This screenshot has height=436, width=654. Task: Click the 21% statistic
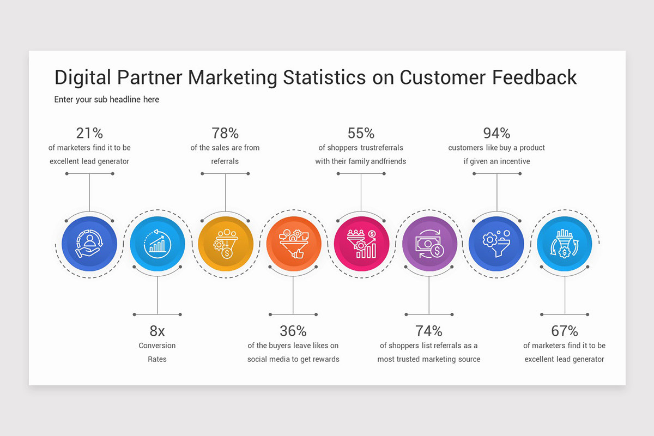[89, 133]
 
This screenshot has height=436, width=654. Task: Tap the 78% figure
[225, 133]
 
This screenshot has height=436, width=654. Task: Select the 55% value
[361, 133]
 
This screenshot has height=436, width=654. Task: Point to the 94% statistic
[496, 133]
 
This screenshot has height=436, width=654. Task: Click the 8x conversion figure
[157, 331]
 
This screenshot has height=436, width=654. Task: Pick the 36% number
[293, 331]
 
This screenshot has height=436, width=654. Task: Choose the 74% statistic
[429, 331]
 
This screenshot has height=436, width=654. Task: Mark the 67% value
[565, 331]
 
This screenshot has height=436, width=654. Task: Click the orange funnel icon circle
[293, 244]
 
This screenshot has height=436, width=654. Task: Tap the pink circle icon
[361, 244]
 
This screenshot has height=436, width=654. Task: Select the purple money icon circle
[429, 244]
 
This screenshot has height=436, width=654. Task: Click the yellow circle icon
[225, 244]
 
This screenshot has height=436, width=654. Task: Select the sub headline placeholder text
[107, 100]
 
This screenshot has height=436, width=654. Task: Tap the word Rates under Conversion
[157, 359]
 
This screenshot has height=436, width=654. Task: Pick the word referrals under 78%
[225, 161]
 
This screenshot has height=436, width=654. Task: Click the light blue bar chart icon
[157, 244]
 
